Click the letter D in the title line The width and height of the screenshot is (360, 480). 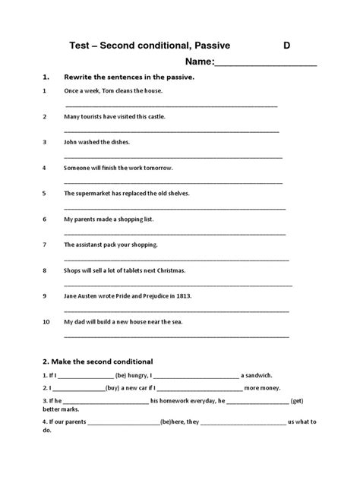(x=287, y=46)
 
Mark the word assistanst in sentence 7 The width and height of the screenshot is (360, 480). (x=93, y=245)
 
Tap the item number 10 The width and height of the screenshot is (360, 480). (x=46, y=321)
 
